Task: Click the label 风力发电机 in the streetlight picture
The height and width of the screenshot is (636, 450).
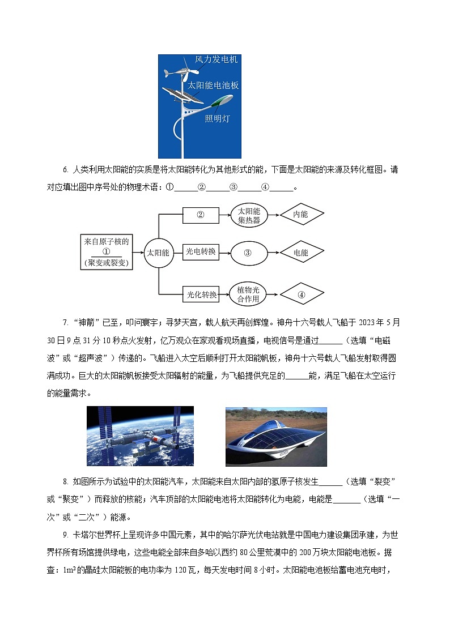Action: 216,59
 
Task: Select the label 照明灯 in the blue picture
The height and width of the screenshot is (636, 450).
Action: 218,119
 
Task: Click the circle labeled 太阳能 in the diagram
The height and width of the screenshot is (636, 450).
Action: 158,253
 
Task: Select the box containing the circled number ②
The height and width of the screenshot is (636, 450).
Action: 201,215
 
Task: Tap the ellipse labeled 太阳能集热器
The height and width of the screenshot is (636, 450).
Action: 249,215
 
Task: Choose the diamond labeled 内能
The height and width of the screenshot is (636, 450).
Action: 301,215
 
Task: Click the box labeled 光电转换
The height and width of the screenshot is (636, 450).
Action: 201,252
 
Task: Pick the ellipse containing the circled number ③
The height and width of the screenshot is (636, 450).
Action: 249,253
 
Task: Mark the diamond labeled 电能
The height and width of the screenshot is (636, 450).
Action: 301,253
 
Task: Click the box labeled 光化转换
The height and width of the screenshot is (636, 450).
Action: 201,294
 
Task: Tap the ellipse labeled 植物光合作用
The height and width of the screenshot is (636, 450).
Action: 249,294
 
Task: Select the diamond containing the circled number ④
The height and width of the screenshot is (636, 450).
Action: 301,294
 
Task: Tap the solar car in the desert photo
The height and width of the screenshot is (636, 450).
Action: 276,437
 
